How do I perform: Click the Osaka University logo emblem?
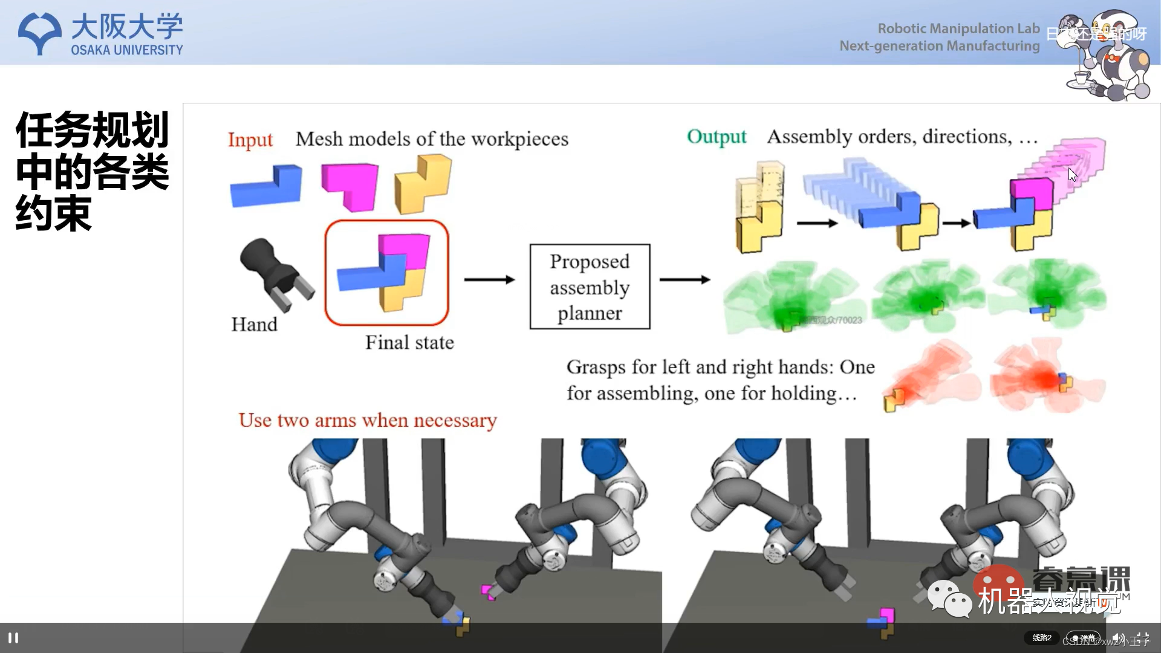pyautogui.click(x=40, y=34)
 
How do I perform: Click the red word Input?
pyautogui.click(x=250, y=140)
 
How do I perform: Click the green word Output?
pyautogui.click(x=717, y=137)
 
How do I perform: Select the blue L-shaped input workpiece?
pyautogui.click(x=266, y=186)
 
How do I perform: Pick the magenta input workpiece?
pyautogui.click(x=351, y=186)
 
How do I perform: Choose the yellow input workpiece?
pyautogui.click(x=423, y=183)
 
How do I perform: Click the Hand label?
pyautogui.click(x=254, y=325)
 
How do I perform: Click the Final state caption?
pyautogui.click(x=409, y=343)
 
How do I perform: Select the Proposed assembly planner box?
pyautogui.click(x=590, y=287)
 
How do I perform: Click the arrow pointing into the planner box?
pyautogui.click(x=489, y=279)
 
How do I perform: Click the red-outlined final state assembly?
pyautogui.click(x=387, y=273)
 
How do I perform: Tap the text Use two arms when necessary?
pyautogui.click(x=368, y=420)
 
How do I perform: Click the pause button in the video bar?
pyautogui.click(x=13, y=638)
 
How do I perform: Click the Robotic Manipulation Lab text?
pyautogui.click(x=958, y=28)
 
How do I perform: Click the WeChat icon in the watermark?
pyautogui.click(x=949, y=598)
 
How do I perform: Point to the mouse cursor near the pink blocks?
pyautogui.click(x=1072, y=175)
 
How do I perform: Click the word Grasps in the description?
pyautogui.click(x=596, y=367)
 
